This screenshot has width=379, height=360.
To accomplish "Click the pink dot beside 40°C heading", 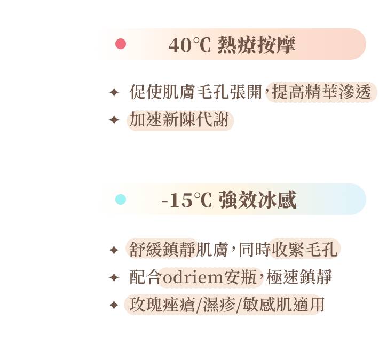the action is pyautogui.click(x=121, y=44).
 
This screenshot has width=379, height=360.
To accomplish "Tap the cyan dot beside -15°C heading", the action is pyautogui.click(x=121, y=199).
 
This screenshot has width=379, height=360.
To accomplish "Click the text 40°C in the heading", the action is pyautogui.click(x=189, y=45).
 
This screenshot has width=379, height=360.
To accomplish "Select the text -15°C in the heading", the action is pyautogui.click(x=187, y=200).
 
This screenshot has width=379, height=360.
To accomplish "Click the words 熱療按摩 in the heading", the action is pyautogui.click(x=256, y=45).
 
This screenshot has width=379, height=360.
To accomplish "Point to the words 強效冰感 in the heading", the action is pyautogui.click(x=258, y=200).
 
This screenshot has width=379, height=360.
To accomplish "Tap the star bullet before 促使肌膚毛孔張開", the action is pyautogui.click(x=114, y=92).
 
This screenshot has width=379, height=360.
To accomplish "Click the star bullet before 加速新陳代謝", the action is pyautogui.click(x=114, y=120).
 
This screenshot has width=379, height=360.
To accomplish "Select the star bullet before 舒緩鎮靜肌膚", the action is pyautogui.click(x=114, y=250).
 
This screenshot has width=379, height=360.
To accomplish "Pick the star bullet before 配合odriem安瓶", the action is pyautogui.click(x=114, y=277).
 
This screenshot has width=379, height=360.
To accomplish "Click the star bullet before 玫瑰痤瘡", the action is pyautogui.click(x=114, y=305).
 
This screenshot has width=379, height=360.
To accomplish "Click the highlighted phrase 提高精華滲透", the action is pyautogui.click(x=321, y=92).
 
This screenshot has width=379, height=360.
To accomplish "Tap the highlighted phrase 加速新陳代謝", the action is pyautogui.click(x=179, y=120).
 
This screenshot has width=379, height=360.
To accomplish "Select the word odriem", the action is pyautogui.click(x=193, y=277).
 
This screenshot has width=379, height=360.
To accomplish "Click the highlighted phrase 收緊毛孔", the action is pyautogui.click(x=305, y=250).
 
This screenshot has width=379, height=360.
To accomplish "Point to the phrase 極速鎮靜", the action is pyautogui.click(x=299, y=277).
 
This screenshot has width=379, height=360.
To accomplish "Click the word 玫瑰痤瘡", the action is pyautogui.click(x=162, y=305).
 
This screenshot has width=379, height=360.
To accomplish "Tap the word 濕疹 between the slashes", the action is pyautogui.click(x=219, y=305).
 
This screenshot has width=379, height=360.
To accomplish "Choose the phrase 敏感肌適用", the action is pyautogui.click(x=283, y=305).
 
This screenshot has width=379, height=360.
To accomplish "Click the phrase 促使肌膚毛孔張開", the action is pyautogui.click(x=196, y=92).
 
